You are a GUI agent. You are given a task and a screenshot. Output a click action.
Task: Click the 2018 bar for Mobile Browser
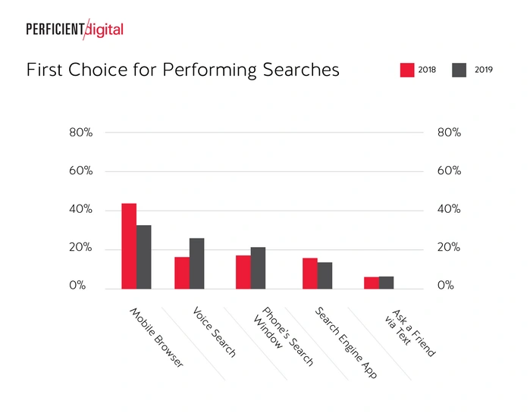(x=129, y=246)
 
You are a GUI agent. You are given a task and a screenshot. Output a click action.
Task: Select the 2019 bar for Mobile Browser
(x=144, y=256)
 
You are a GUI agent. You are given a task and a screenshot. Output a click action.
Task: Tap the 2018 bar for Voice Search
(x=182, y=272)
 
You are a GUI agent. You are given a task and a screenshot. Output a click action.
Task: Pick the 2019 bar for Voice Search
(x=197, y=263)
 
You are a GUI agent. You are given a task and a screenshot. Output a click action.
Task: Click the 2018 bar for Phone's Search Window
(x=243, y=271)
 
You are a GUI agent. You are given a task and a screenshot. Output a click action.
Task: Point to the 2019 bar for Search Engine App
(x=325, y=275)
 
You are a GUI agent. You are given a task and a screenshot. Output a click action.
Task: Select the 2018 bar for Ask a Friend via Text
(x=372, y=282)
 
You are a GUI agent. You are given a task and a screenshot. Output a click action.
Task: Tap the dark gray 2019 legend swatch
(x=459, y=70)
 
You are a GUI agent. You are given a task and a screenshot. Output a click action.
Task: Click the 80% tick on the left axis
(x=80, y=133)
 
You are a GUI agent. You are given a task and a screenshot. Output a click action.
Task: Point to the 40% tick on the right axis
(x=449, y=210)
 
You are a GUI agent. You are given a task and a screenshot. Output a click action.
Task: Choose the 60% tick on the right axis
(x=449, y=171)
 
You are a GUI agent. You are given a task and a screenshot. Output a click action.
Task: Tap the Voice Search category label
(x=215, y=332)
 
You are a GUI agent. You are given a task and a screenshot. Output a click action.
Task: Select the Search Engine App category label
(x=346, y=342)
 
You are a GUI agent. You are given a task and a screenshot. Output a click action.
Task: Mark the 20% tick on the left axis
(x=80, y=249)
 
